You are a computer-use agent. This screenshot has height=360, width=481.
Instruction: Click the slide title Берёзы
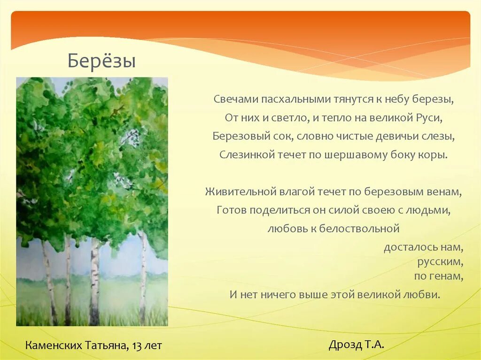click(101, 61)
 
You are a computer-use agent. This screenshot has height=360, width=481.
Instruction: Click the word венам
click(443, 191)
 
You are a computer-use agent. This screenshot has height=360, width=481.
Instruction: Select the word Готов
click(231, 210)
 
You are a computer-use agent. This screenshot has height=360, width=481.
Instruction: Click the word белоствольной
click(359, 229)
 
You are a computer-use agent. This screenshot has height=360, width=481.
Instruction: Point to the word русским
click(440, 261)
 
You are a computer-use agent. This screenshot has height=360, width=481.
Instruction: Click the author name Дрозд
click(344, 345)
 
